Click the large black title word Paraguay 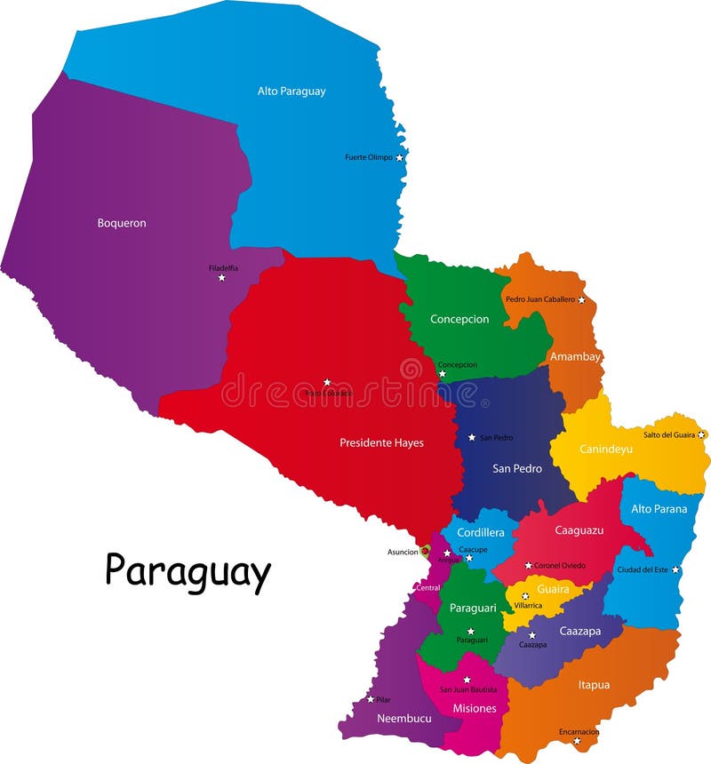click(x=188, y=572)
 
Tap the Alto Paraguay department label click(x=292, y=91)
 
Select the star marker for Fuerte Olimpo click(x=399, y=157)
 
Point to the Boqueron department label click(x=122, y=223)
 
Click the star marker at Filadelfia click(x=221, y=278)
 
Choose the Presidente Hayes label click(x=381, y=442)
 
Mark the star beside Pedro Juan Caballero click(x=581, y=299)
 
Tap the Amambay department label click(x=575, y=356)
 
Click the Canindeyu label click(x=606, y=449)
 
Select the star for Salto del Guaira click(x=701, y=434)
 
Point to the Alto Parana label click(x=659, y=509)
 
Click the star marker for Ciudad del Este click(x=675, y=569)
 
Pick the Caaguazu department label click(x=579, y=529)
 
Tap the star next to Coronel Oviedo click(x=528, y=565)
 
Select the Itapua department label click(x=594, y=684)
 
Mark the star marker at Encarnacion click(x=576, y=741)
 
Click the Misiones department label click(x=475, y=708)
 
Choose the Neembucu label click(x=398, y=718)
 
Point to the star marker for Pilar click(x=371, y=700)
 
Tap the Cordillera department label click(x=481, y=532)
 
